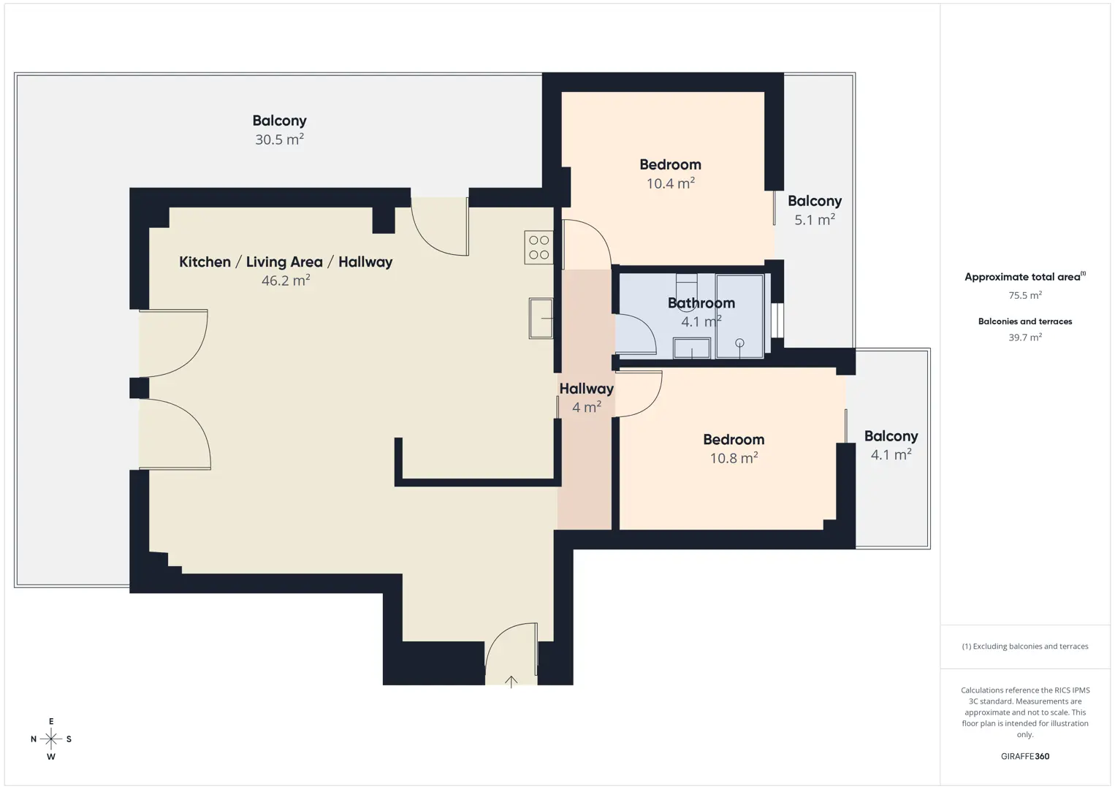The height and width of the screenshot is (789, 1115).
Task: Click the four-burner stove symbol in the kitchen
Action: [x=539, y=247]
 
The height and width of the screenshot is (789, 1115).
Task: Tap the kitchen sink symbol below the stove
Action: [x=541, y=319]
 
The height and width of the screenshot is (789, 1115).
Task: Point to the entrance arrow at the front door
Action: [x=511, y=682]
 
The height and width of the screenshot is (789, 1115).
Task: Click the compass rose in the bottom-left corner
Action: [x=51, y=739]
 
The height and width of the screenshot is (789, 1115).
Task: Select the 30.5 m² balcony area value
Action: [x=279, y=140]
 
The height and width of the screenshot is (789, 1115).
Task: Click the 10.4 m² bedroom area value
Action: [x=671, y=183]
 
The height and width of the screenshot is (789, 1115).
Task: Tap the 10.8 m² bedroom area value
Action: [x=734, y=458]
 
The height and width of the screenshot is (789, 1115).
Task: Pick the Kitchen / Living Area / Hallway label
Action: [x=286, y=262]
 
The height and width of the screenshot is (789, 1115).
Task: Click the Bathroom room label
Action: [x=701, y=302]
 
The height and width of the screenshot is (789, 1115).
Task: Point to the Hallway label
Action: [x=587, y=389]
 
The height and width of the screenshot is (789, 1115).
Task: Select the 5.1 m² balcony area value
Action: [x=815, y=219]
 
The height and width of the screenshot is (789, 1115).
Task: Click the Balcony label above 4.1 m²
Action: [x=891, y=436]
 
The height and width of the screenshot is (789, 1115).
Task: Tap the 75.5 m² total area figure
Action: [x=1025, y=295]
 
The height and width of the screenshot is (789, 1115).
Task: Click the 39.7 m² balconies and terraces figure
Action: [x=1025, y=337]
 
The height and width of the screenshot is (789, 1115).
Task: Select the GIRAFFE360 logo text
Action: [x=1025, y=756]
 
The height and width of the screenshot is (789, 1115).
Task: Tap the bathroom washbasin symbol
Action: [x=691, y=348]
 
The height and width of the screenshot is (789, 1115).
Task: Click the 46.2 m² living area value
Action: [x=286, y=281]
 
